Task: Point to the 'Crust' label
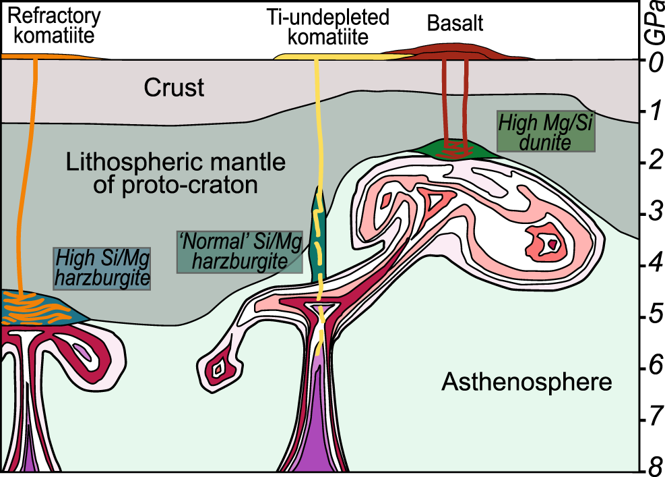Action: (x=174, y=88)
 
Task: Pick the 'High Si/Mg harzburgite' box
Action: (x=101, y=268)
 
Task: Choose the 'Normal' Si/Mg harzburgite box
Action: (x=239, y=252)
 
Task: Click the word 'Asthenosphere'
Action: (x=526, y=383)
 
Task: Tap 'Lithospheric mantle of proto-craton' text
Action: (x=176, y=174)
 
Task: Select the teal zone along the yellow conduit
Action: (x=318, y=236)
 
